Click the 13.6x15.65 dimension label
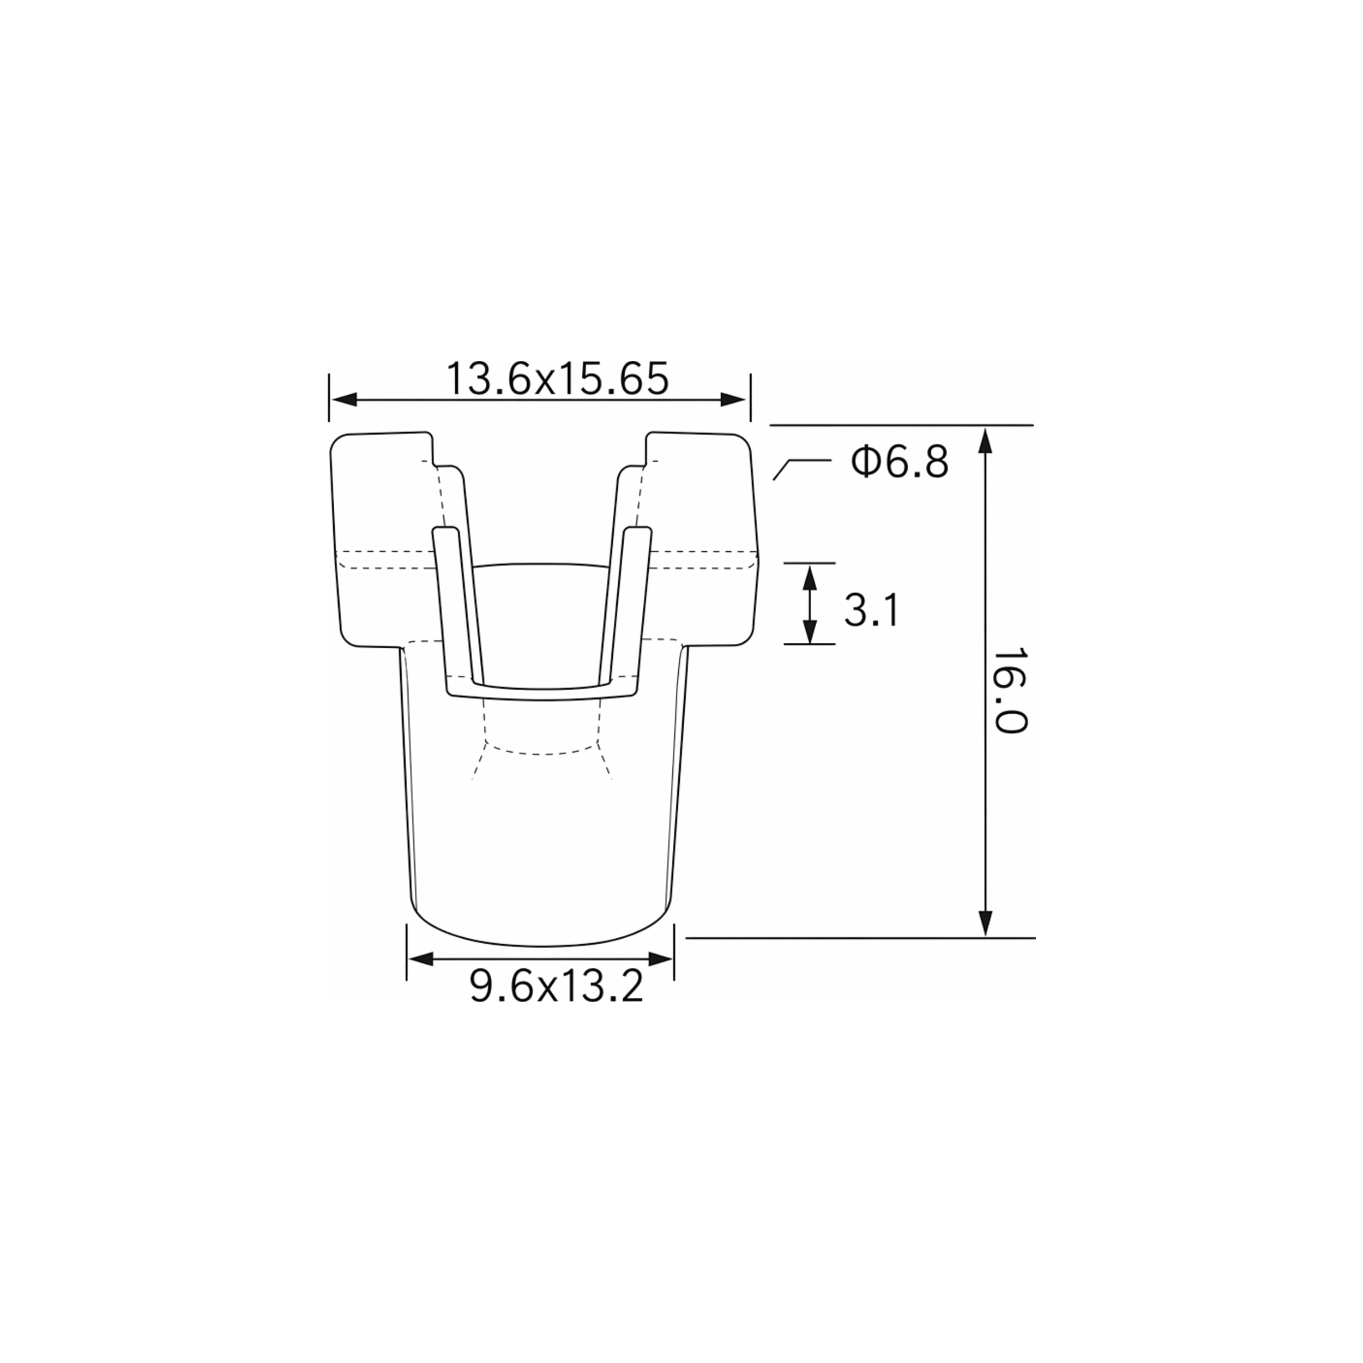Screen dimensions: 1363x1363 click(x=557, y=379)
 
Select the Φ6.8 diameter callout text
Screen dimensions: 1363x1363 click(x=900, y=463)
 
